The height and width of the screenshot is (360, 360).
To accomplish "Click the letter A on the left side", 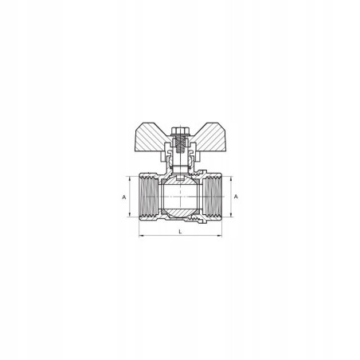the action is click(x=123, y=197).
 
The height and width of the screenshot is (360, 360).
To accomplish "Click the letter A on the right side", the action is click(x=236, y=197).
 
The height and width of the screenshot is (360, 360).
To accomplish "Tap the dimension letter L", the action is click(x=180, y=232).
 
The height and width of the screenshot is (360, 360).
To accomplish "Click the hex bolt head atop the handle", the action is click(x=180, y=131).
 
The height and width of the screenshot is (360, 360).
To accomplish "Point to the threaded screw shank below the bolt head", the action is click(x=180, y=145).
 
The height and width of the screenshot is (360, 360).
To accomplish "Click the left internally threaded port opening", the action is click(x=149, y=197).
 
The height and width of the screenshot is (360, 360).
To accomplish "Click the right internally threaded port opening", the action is click(x=212, y=197).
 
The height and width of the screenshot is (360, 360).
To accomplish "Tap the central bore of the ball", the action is click(x=180, y=197).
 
